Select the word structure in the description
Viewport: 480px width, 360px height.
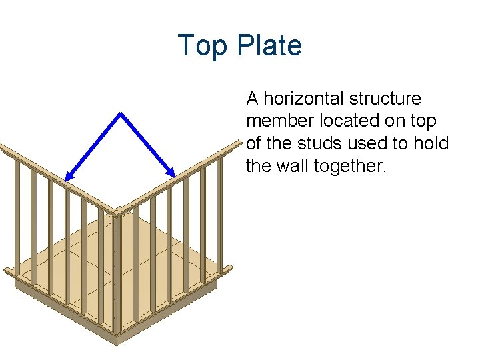pyautogui.click(x=387, y=99)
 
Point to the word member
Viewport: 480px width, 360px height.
pyautogui.click(x=273, y=121)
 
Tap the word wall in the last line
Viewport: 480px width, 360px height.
pyautogui.click(x=292, y=165)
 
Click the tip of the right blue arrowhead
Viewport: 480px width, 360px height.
pyautogui.click(x=175, y=177)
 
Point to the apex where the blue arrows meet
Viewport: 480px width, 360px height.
pyautogui.click(x=121, y=113)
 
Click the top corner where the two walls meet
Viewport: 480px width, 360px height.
pyautogui.click(x=115, y=213)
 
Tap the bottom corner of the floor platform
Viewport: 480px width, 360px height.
pyautogui.click(x=117, y=343)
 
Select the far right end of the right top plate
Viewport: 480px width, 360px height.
pyautogui.click(x=238, y=143)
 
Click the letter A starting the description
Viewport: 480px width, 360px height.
pyautogui.click(x=252, y=99)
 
